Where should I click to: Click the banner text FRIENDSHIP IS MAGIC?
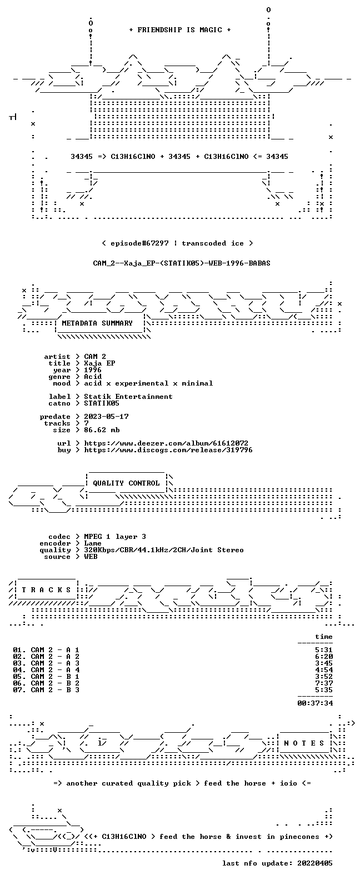(x=180, y=30)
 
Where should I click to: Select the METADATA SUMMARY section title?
(x=97, y=323)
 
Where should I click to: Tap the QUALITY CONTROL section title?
(x=126, y=483)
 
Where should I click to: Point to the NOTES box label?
(x=304, y=743)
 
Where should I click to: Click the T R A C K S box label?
(x=46, y=589)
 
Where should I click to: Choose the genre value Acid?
(x=93, y=377)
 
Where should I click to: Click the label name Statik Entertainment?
(x=128, y=397)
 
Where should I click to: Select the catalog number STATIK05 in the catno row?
(x=102, y=403)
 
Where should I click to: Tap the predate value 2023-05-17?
(x=106, y=417)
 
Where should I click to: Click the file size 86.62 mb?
(x=102, y=430)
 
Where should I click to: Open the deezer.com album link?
(x=166, y=443)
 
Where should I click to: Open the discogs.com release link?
(x=168, y=450)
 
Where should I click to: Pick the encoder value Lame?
(x=93, y=544)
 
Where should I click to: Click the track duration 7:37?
(x=324, y=683)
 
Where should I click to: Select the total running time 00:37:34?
(x=315, y=703)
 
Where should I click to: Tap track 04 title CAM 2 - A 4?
(x=55, y=670)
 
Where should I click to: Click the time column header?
(x=324, y=637)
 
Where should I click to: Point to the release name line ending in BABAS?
(x=182, y=263)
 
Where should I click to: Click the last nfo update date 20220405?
(x=315, y=863)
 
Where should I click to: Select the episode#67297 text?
(x=139, y=243)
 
